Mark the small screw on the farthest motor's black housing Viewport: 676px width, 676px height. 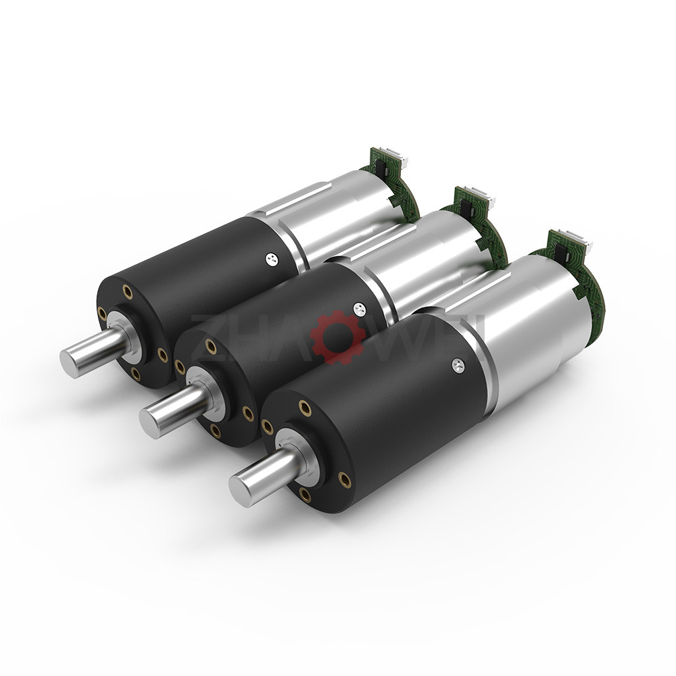point(270,256)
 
